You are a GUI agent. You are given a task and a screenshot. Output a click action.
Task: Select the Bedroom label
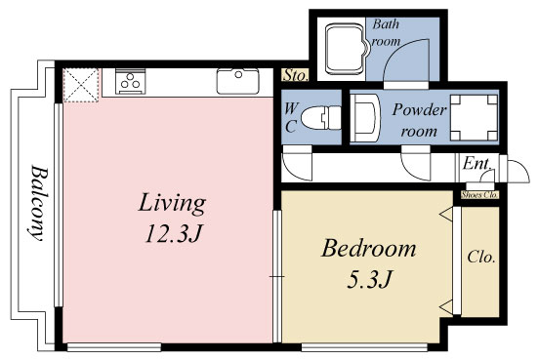point(368,248)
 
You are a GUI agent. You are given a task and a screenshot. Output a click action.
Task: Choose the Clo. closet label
point(480,259)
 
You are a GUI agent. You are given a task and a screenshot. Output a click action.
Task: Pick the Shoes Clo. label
point(479,194)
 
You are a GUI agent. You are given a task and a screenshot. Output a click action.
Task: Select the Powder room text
point(419,120)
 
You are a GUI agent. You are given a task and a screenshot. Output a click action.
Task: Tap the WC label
point(291,118)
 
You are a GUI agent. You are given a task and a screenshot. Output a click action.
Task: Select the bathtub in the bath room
point(343,49)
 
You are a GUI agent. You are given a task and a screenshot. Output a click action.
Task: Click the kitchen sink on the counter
point(236,82)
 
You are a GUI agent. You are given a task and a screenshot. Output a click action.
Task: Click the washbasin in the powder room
point(364,120)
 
